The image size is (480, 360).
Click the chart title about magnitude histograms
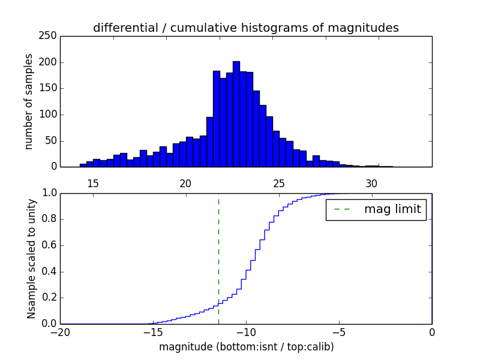[x=245, y=28]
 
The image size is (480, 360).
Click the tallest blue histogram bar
[x=236, y=114]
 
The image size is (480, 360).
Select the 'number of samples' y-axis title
[x=28, y=101]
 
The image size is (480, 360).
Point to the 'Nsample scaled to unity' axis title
[x=31, y=259]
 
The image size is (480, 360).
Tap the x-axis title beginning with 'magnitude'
[x=246, y=347]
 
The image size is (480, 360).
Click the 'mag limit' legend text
[x=392, y=209]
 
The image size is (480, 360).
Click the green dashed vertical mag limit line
[x=218, y=258]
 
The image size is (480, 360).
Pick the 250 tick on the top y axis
[x=50, y=36]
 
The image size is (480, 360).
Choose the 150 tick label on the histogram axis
[x=50, y=88]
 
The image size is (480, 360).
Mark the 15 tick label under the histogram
[x=93, y=183]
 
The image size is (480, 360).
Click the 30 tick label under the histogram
[x=371, y=183]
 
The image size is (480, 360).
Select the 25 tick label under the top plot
[x=278, y=183]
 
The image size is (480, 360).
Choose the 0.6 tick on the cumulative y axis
[x=49, y=245]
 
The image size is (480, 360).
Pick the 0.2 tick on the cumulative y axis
[x=49, y=298]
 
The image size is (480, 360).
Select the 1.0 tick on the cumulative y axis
[x=49, y=193]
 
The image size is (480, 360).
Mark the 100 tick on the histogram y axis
[x=50, y=115]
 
